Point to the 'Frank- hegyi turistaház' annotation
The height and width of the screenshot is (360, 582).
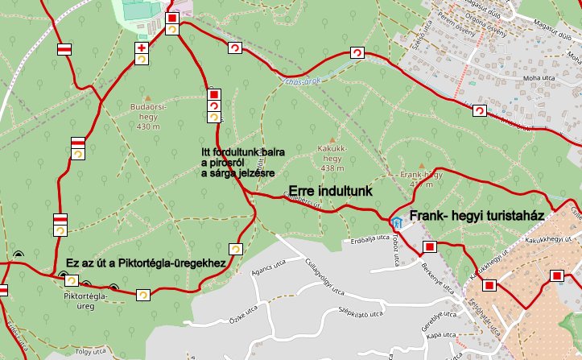(x=478, y=217)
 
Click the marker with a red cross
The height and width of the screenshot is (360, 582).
(x=142, y=49)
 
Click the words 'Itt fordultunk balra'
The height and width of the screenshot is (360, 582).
(x=239, y=153)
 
